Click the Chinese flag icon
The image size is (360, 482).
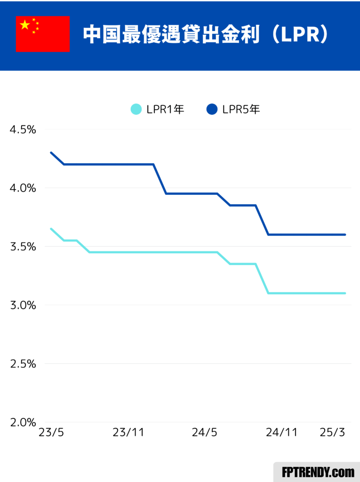click(43, 34)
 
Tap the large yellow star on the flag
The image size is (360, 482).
click(25, 25)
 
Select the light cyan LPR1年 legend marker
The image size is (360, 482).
click(136, 109)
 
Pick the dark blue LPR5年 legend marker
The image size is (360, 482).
click(212, 109)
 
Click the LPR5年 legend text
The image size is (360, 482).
click(241, 109)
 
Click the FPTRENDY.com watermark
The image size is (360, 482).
click(318, 472)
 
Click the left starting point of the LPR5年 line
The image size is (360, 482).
click(51, 153)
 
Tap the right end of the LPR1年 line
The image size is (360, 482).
click(345, 293)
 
